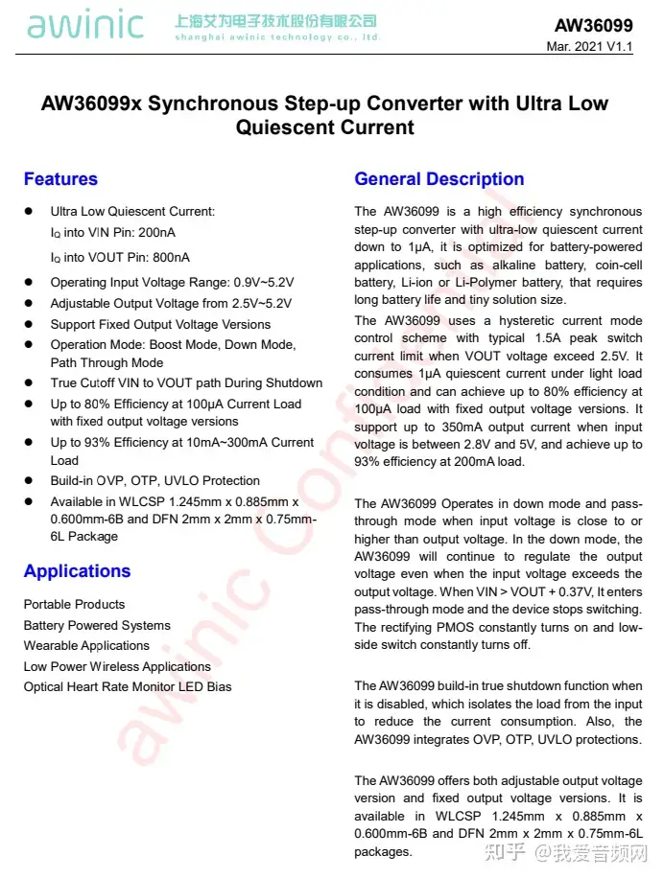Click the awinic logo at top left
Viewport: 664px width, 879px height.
coord(85,26)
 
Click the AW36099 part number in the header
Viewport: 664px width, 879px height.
coord(593,26)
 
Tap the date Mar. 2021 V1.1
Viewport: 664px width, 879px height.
coord(589,47)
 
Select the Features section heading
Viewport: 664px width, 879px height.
coord(60,179)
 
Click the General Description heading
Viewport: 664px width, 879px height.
coord(439,179)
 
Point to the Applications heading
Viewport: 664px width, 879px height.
coord(77,571)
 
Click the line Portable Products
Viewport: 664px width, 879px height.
coord(74,605)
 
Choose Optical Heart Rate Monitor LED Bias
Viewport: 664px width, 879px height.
coord(128,687)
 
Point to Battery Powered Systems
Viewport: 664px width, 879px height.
coord(97,626)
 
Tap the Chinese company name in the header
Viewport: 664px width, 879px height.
coord(275,20)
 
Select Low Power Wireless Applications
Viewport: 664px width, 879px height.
coord(117,667)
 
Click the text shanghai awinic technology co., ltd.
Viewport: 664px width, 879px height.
coord(277,37)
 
